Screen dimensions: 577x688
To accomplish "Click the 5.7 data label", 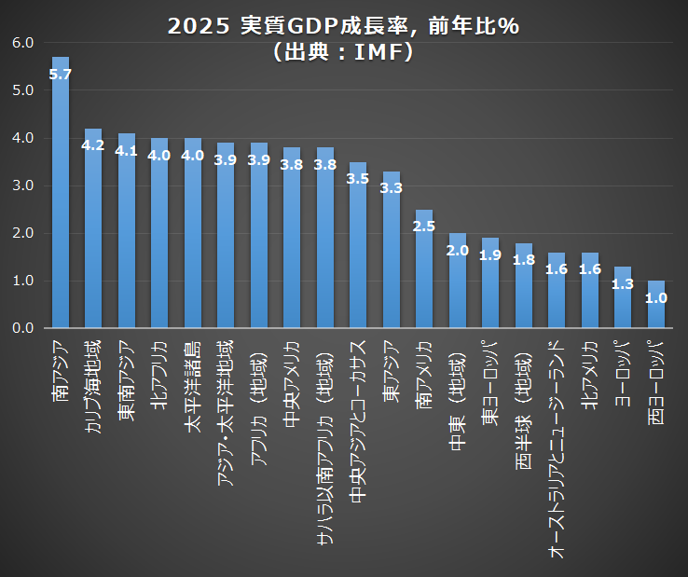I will tap(61, 74).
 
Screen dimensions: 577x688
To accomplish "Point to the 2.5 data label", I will tap(424, 226).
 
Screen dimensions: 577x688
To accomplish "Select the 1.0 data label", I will tap(656, 298).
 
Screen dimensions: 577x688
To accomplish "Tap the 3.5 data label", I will tap(358, 178).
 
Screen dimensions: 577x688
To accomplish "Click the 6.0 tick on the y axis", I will tap(23, 43).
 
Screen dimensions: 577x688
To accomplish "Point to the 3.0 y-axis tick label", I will tap(23, 185).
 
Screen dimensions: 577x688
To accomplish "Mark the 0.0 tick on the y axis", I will tap(23, 328).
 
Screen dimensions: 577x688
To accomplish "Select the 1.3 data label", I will tap(623, 283).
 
